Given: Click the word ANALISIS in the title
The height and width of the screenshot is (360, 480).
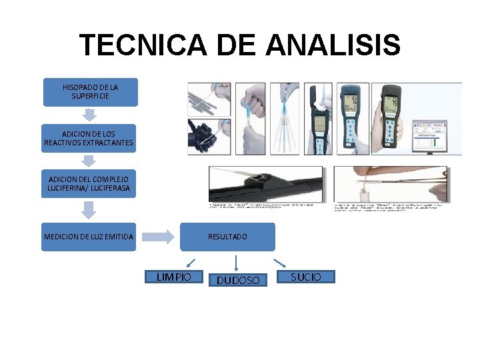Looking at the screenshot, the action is click(332, 46).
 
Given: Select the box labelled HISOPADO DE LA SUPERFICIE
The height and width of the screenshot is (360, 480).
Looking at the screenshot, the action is click(91, 92).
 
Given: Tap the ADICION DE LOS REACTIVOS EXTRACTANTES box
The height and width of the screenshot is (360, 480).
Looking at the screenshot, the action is click(89, 138).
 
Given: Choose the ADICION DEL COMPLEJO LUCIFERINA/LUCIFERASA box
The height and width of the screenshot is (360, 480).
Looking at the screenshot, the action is click(89, 183).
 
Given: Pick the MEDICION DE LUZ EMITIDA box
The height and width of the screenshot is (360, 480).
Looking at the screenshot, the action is click(89, 237).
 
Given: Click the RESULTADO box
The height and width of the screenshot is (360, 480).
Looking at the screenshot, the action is click(227, 237).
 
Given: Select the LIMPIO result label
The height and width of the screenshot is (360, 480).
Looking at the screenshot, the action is click(173, 277).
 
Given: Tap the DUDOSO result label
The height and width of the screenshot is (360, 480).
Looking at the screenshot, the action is click(238, 280).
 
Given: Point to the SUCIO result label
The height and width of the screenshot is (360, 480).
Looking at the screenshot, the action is click(305, 277).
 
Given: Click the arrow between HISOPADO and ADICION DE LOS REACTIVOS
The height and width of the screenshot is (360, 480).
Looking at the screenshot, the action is click(89, 115).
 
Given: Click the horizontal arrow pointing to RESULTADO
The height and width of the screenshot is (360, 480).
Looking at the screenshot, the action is click(157, 237).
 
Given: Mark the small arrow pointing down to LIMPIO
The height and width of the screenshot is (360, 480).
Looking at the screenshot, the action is click(189, 263).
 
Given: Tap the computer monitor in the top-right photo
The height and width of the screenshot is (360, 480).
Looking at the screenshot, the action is click(430, 133).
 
